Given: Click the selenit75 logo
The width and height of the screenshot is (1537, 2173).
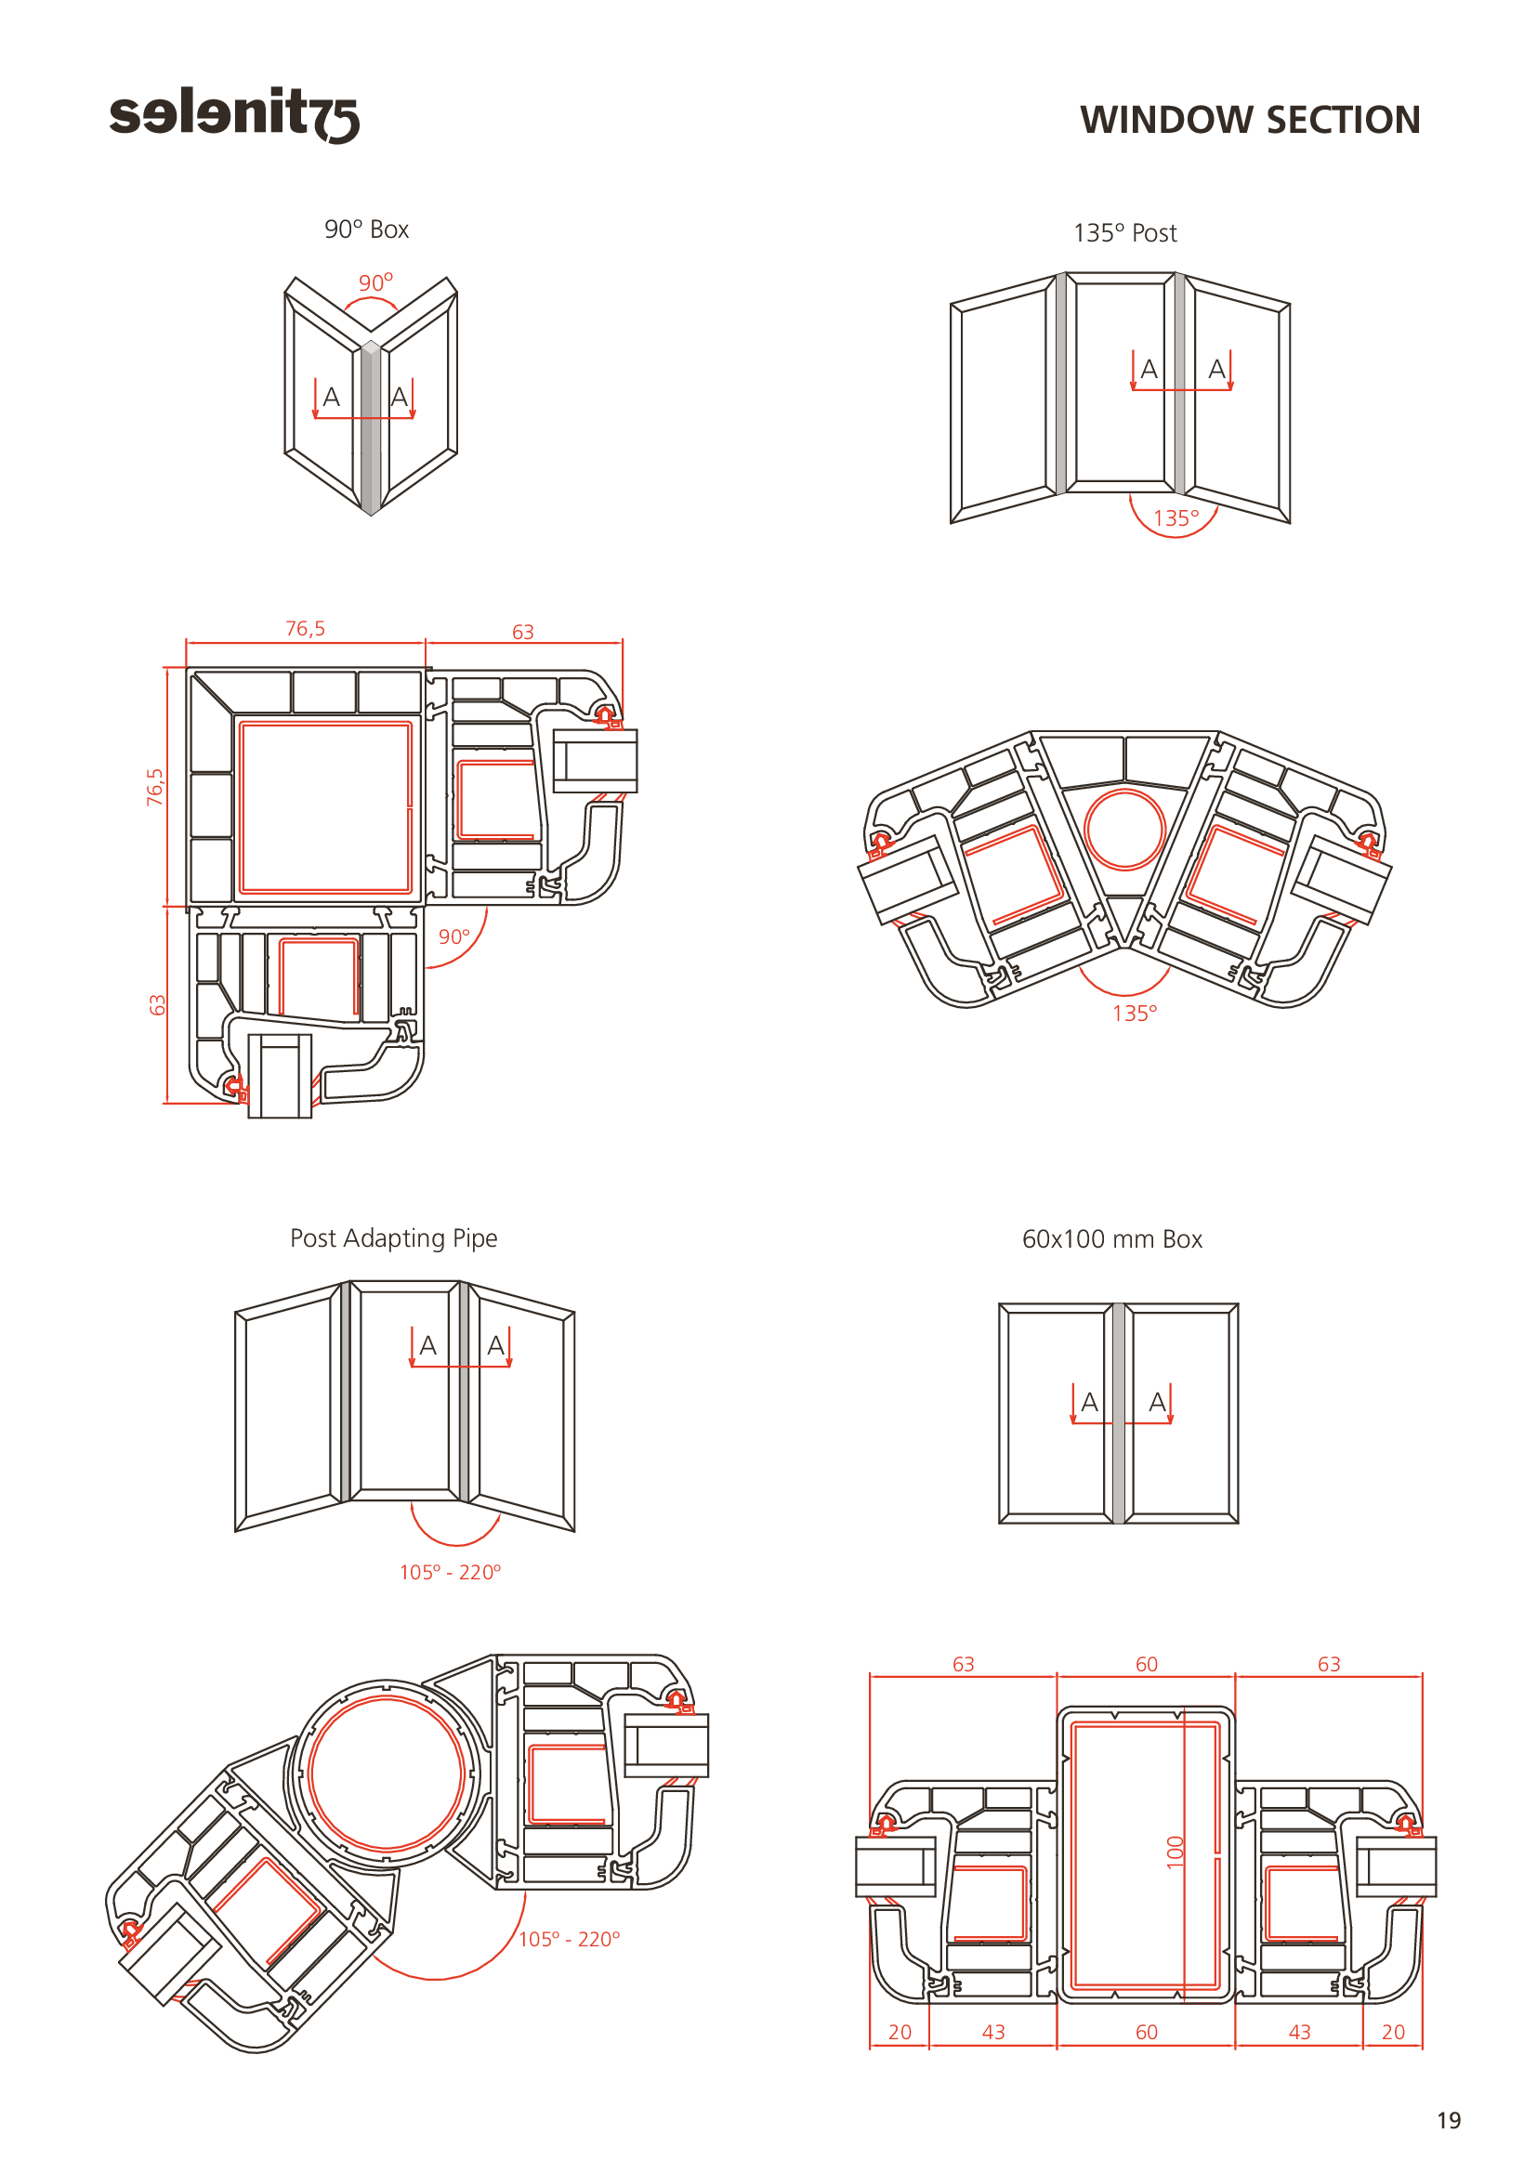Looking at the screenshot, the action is point(234,114).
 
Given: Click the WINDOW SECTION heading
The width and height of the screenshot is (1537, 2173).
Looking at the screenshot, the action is point(1250,120).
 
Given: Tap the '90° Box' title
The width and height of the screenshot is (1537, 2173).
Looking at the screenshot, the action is point(366,230).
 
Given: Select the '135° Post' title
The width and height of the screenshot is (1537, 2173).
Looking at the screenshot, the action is point(1124,233).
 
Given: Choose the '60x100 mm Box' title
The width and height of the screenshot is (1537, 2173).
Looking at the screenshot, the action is point(1112,1239).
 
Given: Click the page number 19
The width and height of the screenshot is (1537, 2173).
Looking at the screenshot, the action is point(1449,2120).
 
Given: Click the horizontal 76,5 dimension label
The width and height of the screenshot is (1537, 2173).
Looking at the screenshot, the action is point(305,628).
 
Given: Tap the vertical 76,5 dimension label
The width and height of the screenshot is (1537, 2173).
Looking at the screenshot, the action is point(155,787).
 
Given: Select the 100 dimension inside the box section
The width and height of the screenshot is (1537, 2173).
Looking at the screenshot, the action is point(1176,1852).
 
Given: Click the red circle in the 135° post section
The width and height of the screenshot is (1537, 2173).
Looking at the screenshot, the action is point(1124,829).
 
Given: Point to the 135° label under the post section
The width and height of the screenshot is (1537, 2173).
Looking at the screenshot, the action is point(1134,1014).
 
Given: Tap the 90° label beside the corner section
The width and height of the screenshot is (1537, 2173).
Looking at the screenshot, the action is point(454,937).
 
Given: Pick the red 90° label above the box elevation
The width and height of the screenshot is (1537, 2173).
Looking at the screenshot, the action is point(375,282).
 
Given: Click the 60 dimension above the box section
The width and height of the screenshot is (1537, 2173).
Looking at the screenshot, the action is point(1146,1664).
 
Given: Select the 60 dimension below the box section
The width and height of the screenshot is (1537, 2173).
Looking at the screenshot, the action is point(1146,2032).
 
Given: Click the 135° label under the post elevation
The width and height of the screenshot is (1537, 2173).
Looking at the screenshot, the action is point(1176,518).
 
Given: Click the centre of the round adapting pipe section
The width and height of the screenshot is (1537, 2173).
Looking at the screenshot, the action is point(387,1774).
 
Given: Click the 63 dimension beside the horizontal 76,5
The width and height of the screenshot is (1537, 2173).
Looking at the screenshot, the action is point(522,633).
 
